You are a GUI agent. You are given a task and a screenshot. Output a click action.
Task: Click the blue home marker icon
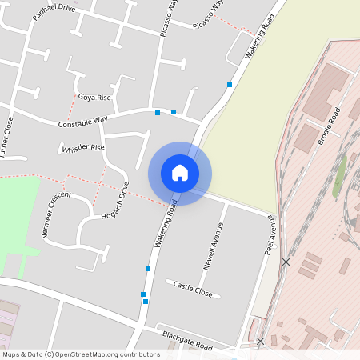(180, 172)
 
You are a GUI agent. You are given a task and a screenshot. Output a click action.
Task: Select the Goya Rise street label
(94, 97)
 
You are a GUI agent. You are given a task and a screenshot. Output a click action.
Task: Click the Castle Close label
(193, 289)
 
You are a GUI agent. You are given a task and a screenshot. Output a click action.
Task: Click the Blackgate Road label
(186, 339)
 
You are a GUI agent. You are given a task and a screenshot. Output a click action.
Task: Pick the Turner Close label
(9, 136)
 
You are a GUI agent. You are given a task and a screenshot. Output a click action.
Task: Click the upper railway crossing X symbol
(286, 262)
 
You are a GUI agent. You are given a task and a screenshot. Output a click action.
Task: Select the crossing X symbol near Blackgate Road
(259, 342)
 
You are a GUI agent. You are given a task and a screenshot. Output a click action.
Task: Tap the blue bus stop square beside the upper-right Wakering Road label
(230, 84)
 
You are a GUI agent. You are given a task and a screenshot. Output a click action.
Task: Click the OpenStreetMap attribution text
(81, 354)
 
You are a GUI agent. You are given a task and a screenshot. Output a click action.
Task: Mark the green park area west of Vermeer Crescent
(18, 216)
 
